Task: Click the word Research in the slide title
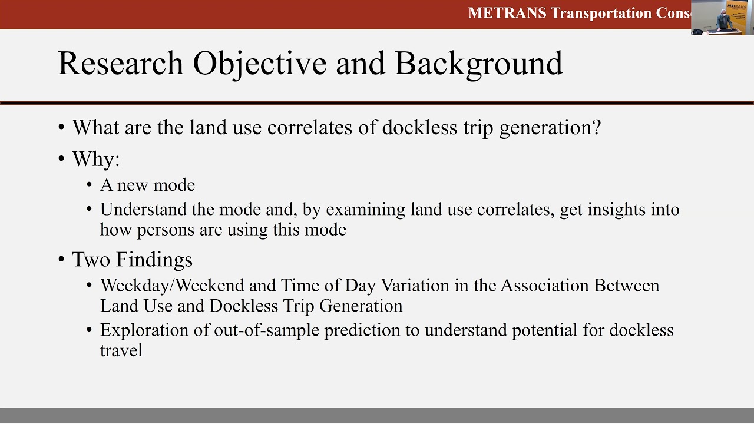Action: pos(121,63)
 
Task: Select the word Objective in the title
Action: pos(260,63)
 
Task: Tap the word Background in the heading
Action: pos(478,63)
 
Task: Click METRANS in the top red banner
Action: pos(507,13)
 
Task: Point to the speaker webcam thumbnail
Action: pos(722,18)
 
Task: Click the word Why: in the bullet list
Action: pos(95,160)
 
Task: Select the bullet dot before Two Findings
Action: pos(62,260)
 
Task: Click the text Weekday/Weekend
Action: pos(173,286)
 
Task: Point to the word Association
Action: pos(545,286)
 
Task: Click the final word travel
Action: pos(121,350)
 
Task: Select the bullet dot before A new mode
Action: pos(90,185)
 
